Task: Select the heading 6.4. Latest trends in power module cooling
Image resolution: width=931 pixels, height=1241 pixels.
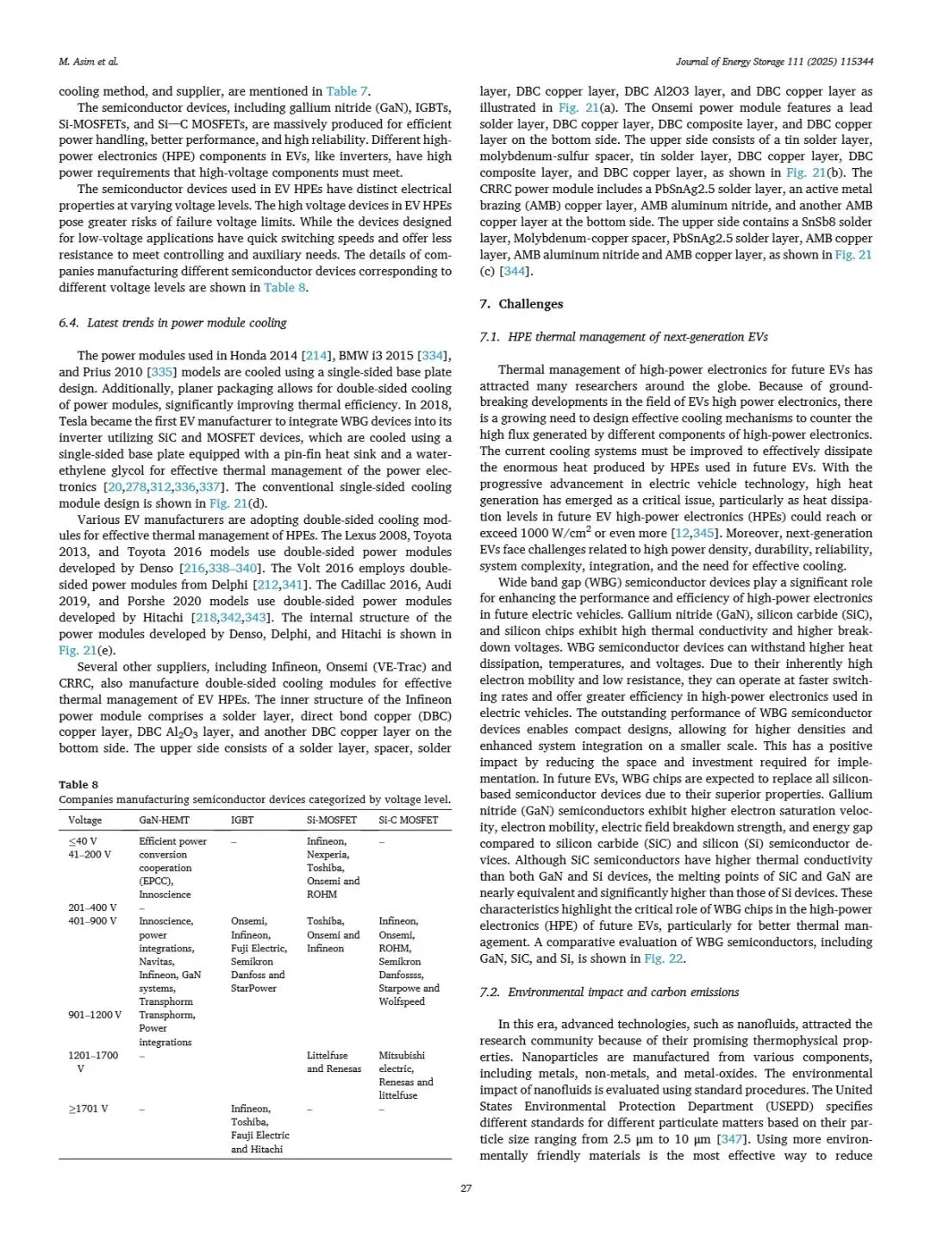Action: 172,322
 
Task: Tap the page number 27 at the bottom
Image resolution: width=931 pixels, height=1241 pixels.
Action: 465,1188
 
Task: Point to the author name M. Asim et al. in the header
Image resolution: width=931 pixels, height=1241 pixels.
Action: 88,62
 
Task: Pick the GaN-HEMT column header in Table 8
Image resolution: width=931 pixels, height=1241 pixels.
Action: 164,820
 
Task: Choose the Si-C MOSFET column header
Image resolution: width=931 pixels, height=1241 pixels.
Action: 408,820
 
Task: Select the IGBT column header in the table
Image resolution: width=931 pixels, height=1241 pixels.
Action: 242,820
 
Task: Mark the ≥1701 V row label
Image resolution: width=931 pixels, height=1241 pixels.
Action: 88,1109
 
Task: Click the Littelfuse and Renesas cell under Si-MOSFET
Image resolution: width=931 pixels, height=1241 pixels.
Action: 334,1062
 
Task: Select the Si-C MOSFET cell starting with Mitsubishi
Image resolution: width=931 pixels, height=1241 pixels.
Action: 405,1075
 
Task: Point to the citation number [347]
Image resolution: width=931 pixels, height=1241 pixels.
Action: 729,1139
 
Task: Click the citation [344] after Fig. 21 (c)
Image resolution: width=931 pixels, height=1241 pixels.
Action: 517,271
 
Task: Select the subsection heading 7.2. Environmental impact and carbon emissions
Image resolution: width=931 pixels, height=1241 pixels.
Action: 609,992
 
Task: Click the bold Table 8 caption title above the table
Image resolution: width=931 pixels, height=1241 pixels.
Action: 78,784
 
